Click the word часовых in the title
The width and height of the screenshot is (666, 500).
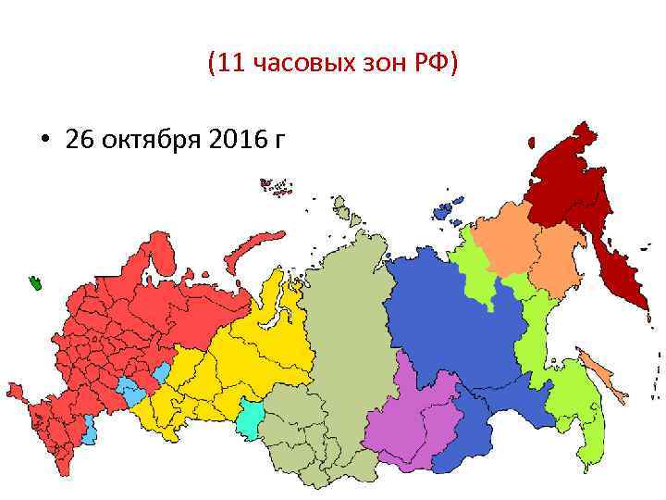tap(292, 64)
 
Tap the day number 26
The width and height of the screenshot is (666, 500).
tap(80, 141)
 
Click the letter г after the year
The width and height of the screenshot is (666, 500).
tap(278, 142)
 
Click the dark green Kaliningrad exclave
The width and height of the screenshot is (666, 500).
tap(38, 281)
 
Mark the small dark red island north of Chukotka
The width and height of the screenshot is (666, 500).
tap(531, 143)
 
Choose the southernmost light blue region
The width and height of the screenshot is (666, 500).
tap(89, 430)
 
